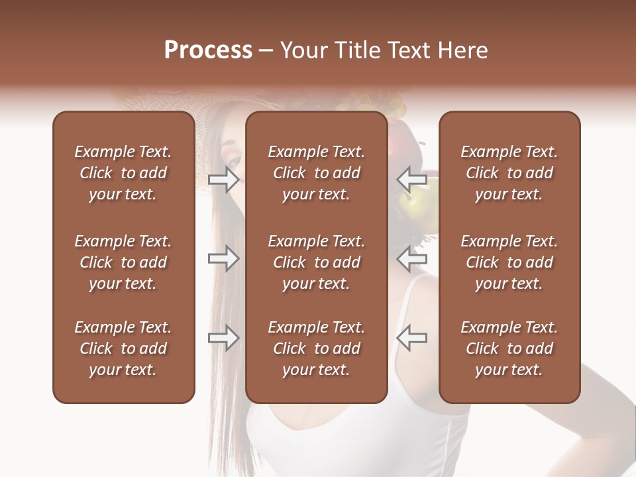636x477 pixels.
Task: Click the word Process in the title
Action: pos(208,50)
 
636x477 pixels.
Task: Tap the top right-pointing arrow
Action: pos(223,180)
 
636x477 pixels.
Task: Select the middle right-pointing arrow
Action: pos(223,258)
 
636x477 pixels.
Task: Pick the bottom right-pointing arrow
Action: pos(223,339)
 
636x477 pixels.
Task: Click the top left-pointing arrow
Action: pos(412,180)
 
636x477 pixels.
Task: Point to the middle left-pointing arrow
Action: pos(412,258)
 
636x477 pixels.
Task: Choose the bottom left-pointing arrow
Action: pos(412,339)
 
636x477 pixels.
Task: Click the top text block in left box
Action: pos(123,173)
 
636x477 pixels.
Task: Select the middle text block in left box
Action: pos(123,262)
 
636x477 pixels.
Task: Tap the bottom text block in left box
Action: pos(123,348)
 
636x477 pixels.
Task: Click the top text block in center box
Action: pos(316,173)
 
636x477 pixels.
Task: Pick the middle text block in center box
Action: pos(316,262)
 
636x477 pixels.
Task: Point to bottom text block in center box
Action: pos(316,348)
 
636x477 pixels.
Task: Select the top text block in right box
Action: pos(509,173)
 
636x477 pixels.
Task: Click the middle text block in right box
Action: pos(509,262)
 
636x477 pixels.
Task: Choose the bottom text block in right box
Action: pos(509,348)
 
